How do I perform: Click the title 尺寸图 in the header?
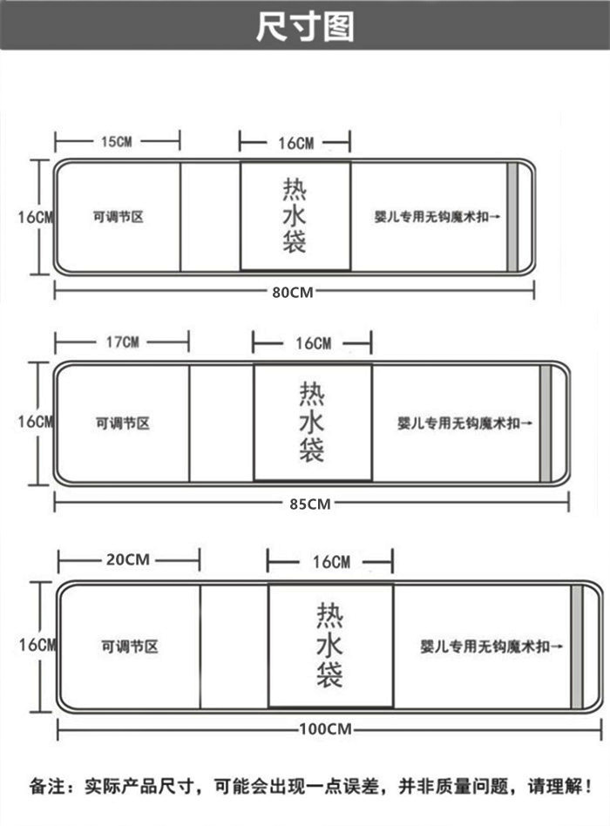pos(305,26)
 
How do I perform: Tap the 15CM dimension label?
pos(117,142)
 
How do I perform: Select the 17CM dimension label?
pos(123,342)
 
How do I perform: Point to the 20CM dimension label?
pos(128,559)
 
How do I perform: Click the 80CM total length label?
pos(292,292)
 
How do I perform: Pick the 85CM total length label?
pos(309,504)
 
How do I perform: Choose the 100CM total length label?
pos(326,729)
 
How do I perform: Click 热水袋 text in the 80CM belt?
pos(295,215)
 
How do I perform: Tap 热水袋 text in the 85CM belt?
pos(312,422)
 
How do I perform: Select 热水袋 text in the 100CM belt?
pos(329,645)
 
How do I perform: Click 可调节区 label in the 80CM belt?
pos(118,217)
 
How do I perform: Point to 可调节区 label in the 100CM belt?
pos(130,647)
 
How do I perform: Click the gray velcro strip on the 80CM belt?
pos(512,216)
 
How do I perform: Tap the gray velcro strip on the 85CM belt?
pos(546,423)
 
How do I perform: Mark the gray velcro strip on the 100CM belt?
pos(578,647)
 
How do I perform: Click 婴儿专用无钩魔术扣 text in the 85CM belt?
pos(458,423)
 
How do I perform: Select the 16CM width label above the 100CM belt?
pos(331,562)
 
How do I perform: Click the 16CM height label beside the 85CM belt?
pos(36,422)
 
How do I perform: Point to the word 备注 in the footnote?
pos(47,787)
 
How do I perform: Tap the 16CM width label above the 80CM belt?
pos(296,143)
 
